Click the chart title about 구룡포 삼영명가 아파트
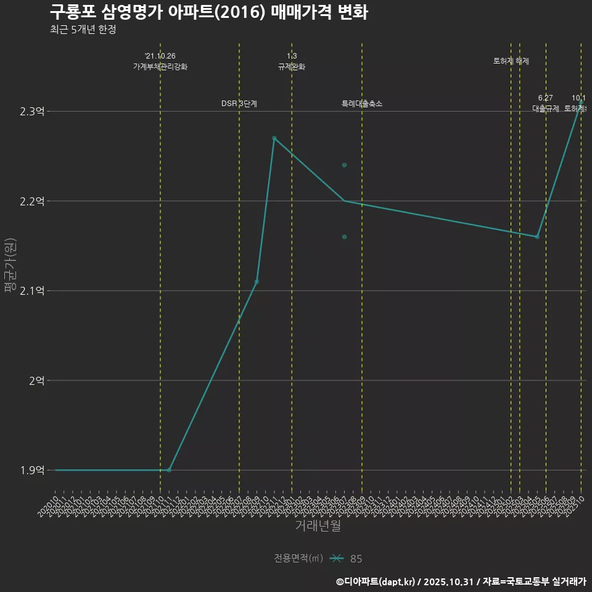point(209,12)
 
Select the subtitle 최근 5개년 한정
point(83,30)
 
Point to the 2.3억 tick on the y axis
point(32,112)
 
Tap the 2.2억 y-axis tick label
point(32,201)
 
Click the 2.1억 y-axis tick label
point(32,291)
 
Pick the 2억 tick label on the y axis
point(36,380)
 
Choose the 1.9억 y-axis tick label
point(32,471)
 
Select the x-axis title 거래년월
point(318,526)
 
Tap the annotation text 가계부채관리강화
point(160,67)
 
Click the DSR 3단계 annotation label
point(239,104)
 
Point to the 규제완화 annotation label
point(292,67)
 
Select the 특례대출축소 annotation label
point(362,104)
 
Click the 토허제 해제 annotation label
point(511,61)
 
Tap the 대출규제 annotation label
point(546,109)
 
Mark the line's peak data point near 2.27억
point(274,138)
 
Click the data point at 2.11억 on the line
point(257,282)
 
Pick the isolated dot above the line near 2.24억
point(344,165)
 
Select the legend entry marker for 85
point(336,559)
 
